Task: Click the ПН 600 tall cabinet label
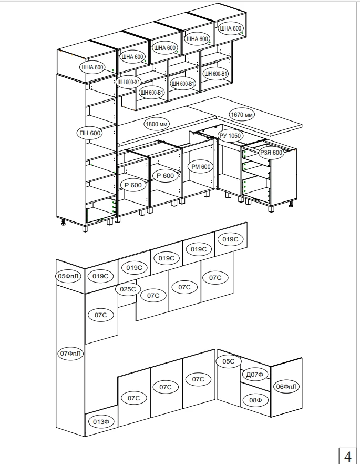click(90, 133)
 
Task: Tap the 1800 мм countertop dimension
click(157, 124)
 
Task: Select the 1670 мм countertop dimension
click(242, 114)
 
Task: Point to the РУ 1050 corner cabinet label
click(231, 136)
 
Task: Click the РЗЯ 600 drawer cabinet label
click(271, 153)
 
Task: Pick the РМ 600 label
click(201, 167)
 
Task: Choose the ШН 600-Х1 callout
click(129, 82)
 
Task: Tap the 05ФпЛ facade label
click(68, 276)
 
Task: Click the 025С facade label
click(128, 289)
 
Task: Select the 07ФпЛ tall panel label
click(70, 354)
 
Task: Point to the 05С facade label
click(228, 361)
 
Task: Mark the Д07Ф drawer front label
click(255, 375)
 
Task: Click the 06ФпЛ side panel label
click(286, 386)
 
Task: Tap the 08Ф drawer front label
click(255, 400)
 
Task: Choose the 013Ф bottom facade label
click(101, 422)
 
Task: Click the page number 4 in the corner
click(348, 456)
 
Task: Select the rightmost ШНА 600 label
click(231, 28)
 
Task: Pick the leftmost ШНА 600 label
click(92, 67)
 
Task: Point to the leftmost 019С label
click(100, 276)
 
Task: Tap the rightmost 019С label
click(230, 239)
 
